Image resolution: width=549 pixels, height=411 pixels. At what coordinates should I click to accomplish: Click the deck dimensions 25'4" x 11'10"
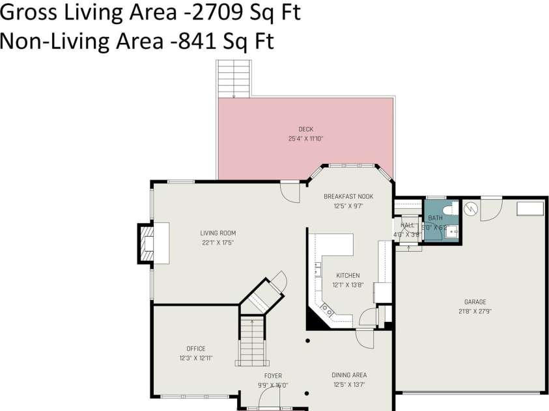(x=306, y=139)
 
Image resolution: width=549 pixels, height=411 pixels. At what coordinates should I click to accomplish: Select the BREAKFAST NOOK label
(x=348, y=196)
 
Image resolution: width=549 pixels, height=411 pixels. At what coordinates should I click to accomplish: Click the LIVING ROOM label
(x=218, y=233)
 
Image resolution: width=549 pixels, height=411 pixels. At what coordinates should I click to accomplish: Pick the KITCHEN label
(x=348, y=275)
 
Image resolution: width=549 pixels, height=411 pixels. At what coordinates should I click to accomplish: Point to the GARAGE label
(x=475, y=302)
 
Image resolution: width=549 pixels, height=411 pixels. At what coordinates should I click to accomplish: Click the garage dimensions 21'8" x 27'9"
(x=475, y=311)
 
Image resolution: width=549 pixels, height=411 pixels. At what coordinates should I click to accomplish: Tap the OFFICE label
(x=195, y=349)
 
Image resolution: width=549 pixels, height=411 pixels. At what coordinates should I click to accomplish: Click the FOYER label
(x=273, y=376)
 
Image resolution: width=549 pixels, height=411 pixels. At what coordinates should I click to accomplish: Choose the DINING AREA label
(x=348, y=375)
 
